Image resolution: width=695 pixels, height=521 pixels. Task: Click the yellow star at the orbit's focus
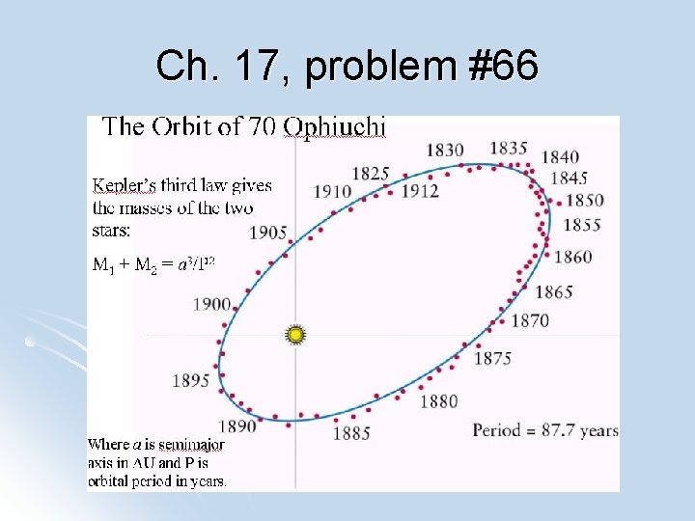(x=295, y=335)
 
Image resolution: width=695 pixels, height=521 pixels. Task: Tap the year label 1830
(x=445, y=150)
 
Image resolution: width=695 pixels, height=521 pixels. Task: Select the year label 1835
(x=509, y=148)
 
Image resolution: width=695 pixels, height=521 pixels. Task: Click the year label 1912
(x=420, y=191)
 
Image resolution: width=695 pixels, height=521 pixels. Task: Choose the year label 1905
(x=268, y=233)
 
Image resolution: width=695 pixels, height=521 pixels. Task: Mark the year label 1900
(x=212, y=304)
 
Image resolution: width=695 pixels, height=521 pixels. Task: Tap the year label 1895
(x=191, y=380)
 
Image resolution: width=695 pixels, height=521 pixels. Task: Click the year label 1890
(x=237, y=426)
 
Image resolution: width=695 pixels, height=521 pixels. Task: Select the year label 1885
(x=351, y=434)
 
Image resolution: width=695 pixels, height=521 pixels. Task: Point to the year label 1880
(x=439, y=401)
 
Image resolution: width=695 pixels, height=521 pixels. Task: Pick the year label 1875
(x=492, y=359)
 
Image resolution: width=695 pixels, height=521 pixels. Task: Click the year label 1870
(x=530, y=321)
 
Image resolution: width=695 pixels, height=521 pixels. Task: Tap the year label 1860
(x=573, y=257)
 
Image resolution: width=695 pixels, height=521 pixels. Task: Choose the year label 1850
(x=585, y=201)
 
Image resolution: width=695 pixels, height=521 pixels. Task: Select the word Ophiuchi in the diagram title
(x=337, y=126)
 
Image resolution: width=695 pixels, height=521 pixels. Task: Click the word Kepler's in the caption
(x=126, y=185)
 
